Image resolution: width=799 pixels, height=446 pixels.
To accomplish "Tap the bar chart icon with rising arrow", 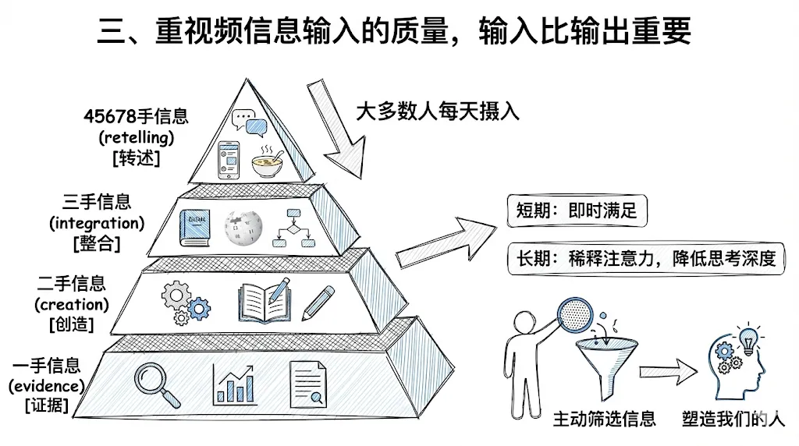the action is (x=234, y=384).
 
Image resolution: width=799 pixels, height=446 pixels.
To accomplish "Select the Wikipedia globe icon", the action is (x=243, y=228).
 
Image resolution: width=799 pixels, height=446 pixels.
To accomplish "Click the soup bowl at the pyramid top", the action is (x=268, y=162).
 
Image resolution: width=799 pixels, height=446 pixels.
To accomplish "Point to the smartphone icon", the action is (x=229, y=161).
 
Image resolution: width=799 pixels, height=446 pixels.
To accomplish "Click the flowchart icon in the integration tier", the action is (x=293, y=228).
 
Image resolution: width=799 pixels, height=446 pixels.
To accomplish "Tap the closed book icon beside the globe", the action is (x=194, y=228).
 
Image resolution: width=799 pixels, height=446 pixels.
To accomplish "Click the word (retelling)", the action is (x=137, y=137).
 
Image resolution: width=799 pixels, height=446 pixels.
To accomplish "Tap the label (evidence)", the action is (x=46, y=386).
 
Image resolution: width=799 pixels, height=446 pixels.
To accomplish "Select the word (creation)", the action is (x=72, y=304).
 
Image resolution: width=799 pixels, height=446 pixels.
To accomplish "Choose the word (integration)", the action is (x=97, y=223).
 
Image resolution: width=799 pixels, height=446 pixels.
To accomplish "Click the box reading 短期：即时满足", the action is (x=577, y=211).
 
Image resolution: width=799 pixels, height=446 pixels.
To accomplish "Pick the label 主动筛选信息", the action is (x=605, y=419).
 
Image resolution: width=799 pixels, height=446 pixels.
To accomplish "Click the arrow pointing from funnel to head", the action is (x=668, y=372).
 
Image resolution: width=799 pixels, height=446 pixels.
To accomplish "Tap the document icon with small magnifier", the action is (x=307, y=384).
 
